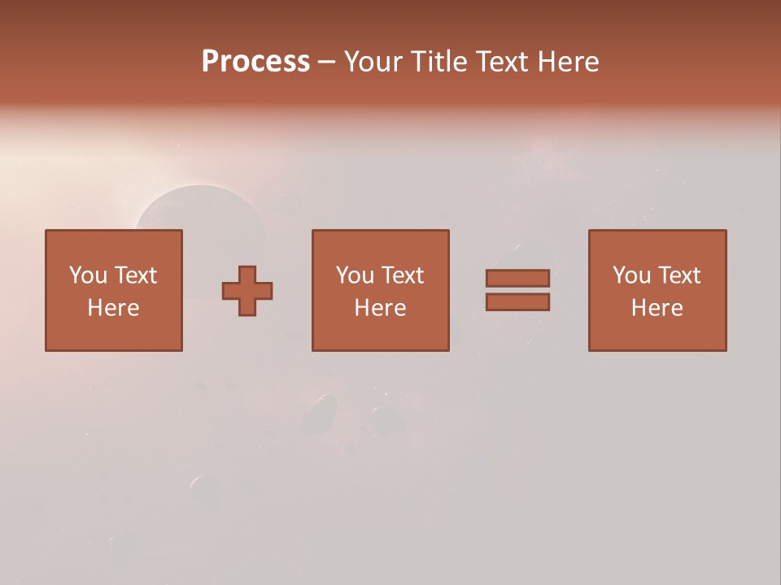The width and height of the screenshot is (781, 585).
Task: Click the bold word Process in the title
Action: (x=255, y=62)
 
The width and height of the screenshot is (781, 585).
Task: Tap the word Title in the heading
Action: (x=439, y=62)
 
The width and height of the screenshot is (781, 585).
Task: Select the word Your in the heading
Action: (x=375, y=62)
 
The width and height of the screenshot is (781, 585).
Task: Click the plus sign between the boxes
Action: (x=247, y=291)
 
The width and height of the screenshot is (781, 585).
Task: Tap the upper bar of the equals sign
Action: (x=517, y=278)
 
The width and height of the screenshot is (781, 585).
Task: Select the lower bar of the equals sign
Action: (x=517, y=302)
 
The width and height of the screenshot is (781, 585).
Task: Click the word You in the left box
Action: (x=88, y=275)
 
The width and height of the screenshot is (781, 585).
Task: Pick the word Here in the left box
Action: (x=113, y=308)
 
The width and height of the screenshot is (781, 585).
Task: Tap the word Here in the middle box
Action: (x=380, y=308)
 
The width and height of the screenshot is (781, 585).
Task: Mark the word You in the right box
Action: (x=631, y=275)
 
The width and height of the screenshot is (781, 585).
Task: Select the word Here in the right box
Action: (x=657, y=308)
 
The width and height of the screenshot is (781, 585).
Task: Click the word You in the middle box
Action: (x=355, y=275)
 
